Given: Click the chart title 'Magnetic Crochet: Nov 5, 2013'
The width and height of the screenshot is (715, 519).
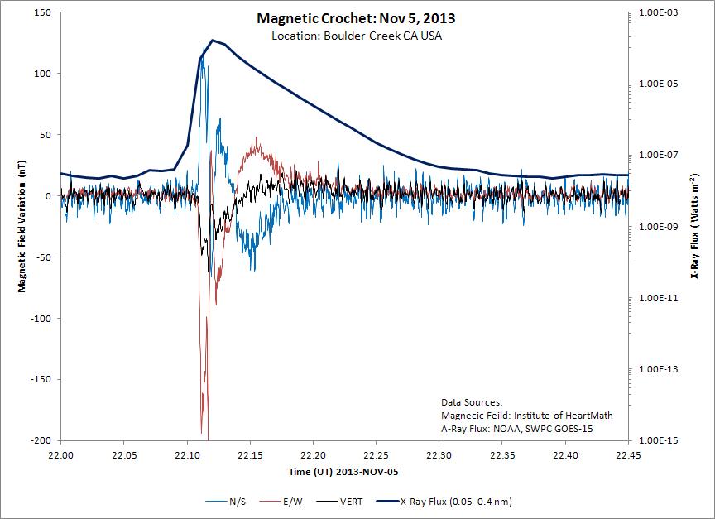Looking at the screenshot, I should click(x=357, y=18).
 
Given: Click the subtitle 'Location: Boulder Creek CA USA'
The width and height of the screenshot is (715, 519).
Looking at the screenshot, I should click(x=357, y=36).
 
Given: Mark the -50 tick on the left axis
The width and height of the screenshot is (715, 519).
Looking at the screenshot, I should click(x=44, y=257).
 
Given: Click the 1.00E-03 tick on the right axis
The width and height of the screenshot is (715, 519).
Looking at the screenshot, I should click(x=658, y=12).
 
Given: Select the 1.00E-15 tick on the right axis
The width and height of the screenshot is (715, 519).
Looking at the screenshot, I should click(x=658, y=441).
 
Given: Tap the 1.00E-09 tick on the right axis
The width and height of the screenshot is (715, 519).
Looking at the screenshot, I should click(x=658, y=227).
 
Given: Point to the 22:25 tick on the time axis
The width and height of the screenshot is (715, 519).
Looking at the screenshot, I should click(x=376, y=454).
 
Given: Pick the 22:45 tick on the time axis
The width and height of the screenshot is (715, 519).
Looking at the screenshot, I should click(x=628, y=454).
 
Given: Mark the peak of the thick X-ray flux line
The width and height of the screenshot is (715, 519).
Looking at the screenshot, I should click(x=213, y=40).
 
